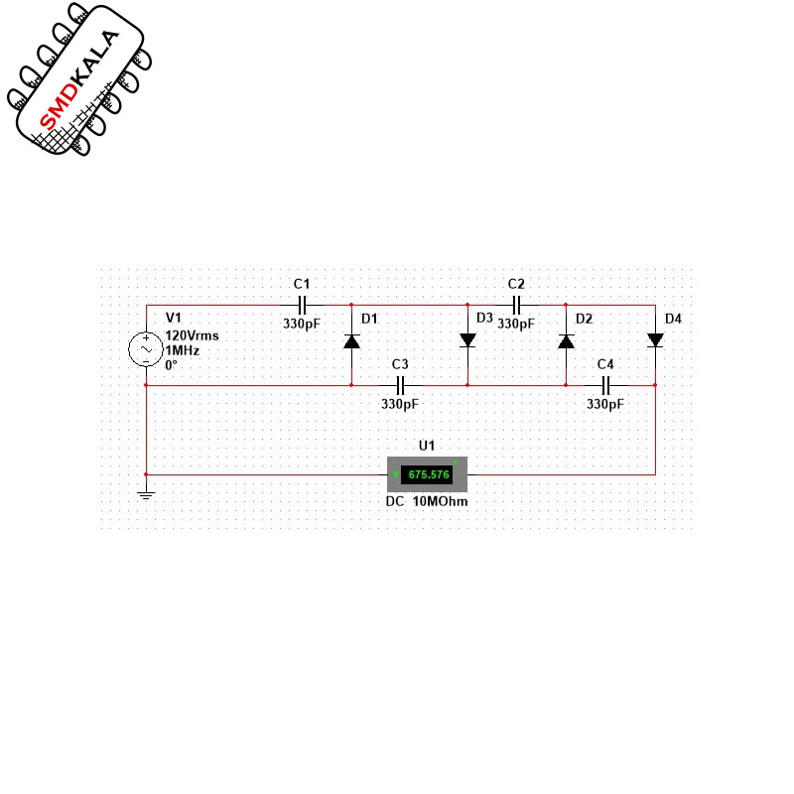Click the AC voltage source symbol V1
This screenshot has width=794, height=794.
[146, 349]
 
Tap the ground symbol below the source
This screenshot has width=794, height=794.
[146, 494]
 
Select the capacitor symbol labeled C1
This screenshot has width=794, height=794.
[303, 305]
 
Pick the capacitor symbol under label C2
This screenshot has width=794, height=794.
[516, 305]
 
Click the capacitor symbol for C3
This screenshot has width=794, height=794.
[401, 385]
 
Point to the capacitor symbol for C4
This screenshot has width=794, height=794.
[605, 385]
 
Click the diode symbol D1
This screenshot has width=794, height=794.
[351, 341]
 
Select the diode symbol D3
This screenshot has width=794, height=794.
[467, 339]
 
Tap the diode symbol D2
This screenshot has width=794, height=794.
[566, 341]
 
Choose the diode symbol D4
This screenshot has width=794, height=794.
[655, 339]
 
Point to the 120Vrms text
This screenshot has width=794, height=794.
[192, 335]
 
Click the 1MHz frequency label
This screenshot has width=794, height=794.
[183, 350]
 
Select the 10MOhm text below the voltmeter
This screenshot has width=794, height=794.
[440, 502]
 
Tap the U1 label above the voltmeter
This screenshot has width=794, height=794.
[427, 446]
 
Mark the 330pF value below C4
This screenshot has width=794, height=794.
[605, 404]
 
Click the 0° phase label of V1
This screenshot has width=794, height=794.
[171, 364]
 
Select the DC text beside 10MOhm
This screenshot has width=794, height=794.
[395, 502]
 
